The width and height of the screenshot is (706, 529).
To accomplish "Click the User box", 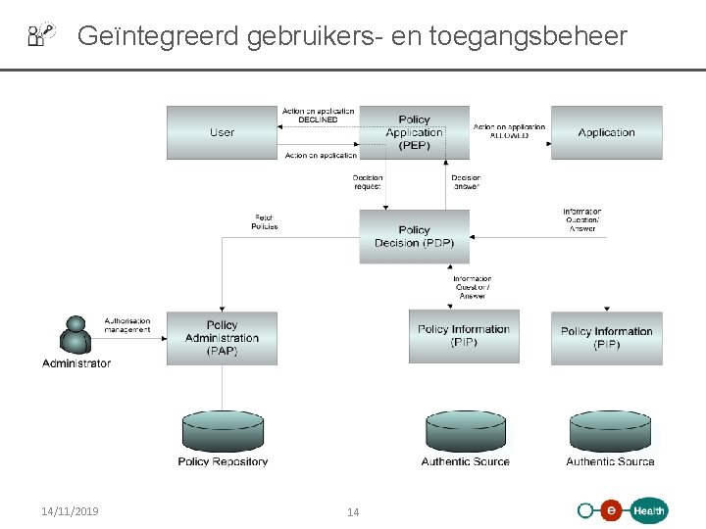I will tap(222, 132).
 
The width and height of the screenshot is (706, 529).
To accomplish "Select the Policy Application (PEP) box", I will tap(414, 132).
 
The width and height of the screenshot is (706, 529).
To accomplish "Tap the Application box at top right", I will tap(606, 132).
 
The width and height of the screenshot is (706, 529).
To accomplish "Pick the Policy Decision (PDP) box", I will tap(414, 237).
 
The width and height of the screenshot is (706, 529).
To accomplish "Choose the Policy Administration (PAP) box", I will tap(222, 338).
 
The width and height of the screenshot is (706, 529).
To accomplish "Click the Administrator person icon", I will tap(75, 335).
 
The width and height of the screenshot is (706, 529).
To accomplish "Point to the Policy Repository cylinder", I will tap(223, 431).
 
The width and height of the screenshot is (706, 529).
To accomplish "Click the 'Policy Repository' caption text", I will tap(223, 461).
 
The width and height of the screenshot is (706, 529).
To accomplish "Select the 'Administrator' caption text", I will tap(76, 363).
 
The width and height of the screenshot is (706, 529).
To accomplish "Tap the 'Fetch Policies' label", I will tap(265, 222).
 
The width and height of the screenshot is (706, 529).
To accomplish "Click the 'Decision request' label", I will tap(368, 182).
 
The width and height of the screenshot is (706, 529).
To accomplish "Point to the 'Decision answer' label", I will tap(466, 182).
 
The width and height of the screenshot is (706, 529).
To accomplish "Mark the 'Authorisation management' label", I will tap(127, 325).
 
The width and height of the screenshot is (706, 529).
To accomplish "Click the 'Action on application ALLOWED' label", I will tap(509, 131).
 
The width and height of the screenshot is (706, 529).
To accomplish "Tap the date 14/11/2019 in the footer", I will tap(70, 511).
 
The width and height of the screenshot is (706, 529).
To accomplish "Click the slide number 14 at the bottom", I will tap(353, 512).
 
